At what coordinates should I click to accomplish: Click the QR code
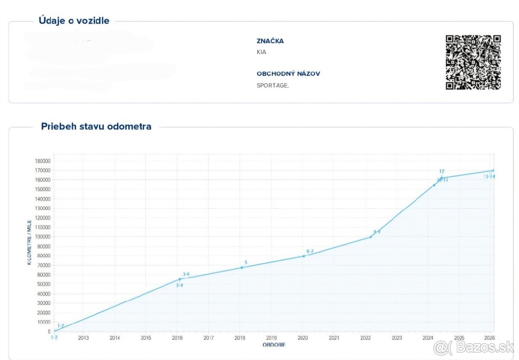[473, 62]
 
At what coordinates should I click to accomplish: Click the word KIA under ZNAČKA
[261, 52]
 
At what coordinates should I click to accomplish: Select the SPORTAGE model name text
[272, 85]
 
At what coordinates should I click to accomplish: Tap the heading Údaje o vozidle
[74, 20]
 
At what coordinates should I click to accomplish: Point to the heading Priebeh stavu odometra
[96, 127]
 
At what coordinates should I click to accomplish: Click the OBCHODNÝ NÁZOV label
[288, 73]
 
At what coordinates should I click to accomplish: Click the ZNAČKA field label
[270, 41]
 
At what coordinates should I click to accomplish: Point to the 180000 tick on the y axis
[42, 161]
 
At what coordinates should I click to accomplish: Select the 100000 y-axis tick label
[42, 237]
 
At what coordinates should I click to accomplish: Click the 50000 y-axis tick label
[44, 284]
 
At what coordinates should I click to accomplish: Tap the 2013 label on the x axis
[83, 338]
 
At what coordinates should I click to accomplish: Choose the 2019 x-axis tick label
[271, 338]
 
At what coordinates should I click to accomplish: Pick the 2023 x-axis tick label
[397, 338]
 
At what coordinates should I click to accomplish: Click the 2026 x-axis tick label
[489, 338]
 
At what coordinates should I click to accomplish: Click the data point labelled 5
[242, 268]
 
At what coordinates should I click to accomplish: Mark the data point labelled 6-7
[304, 256]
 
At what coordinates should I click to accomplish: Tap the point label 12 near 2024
[442, 171]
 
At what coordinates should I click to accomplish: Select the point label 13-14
[490, 176]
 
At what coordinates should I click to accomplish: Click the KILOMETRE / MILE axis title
[29, 242]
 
